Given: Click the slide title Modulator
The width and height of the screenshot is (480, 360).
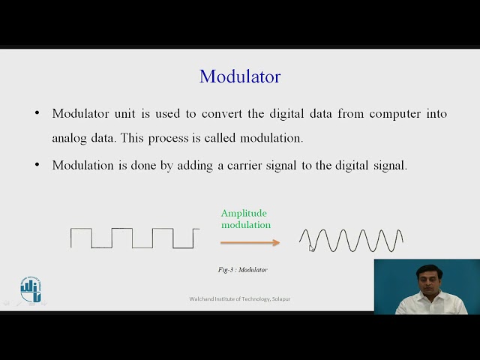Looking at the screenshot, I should pos(240,76).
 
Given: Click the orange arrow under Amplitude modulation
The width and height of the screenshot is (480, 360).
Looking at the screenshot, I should pos(250,242).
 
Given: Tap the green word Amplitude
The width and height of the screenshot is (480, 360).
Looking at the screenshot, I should pos(244,214).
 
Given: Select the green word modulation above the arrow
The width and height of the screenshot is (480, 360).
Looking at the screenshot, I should pos(246,225).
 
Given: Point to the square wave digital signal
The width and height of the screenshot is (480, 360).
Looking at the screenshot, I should pos(135,238).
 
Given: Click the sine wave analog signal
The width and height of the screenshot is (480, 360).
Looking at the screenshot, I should pos(351,241).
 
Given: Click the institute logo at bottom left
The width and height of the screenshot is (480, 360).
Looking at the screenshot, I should pos(31,289).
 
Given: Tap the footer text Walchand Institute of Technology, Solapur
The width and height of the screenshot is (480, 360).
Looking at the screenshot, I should pos(240,299).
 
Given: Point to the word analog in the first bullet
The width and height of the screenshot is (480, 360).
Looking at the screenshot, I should pos(70,139).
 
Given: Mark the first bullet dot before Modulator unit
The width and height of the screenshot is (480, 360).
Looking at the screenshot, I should pos(37,114).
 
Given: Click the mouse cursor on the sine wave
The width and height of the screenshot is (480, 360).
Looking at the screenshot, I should pos(312,248).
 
